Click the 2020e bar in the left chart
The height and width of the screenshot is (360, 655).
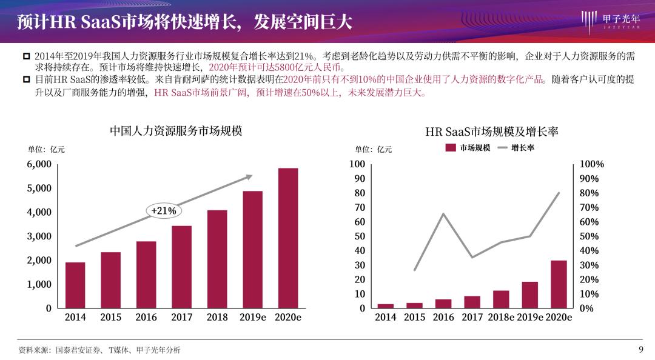pyautogui.click(x=288, y=238)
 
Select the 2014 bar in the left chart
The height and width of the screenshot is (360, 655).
pyautogui.click(x=75, y=285)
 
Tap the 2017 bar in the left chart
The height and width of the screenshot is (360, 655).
pyautogui.click(x=182, y=267)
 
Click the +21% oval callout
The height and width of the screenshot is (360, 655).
pyautogui.click(x=164, y=211)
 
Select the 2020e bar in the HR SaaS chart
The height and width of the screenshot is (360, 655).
pyautogui.click(x=559, y=284)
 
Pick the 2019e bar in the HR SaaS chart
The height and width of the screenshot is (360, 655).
pyautogui.click(x=529, y=295)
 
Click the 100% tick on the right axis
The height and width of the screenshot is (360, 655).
pyautogui.click(x=591, y=164)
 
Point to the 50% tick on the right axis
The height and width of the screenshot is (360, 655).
pyautogui.click(x=589, y=236)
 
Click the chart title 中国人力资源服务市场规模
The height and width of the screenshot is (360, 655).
pyautogui.click(x=176, y=131)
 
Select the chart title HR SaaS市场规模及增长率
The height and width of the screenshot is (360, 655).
pyautogui.click(x=492, y=132)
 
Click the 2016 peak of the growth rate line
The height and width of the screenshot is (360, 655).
pyautogui.click(x=443, y=214)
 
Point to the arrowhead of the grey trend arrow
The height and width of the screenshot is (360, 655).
pyautogui.click(x=249, y=176)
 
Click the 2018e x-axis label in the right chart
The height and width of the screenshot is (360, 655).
pyautogui.click(x=501, y=317)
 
